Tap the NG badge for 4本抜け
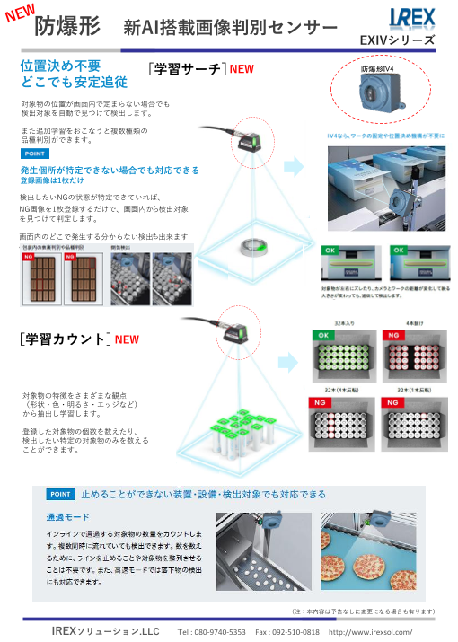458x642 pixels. click(392, 335)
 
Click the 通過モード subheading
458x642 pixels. click(68, 518)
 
